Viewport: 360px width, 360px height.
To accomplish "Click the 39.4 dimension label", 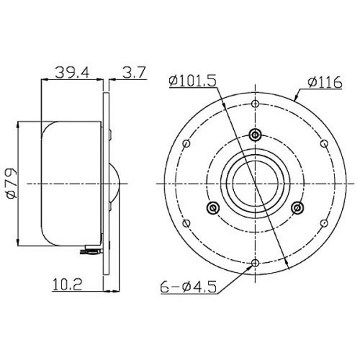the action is pos(72,72).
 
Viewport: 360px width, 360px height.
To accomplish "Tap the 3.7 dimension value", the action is pos(134,72).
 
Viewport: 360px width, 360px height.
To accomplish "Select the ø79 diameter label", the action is pos(12,184).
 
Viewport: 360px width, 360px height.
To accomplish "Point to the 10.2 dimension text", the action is pos(68,284).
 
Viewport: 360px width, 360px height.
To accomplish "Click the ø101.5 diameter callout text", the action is pos(192,81).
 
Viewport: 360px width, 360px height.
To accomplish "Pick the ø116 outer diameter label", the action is pos(325,83).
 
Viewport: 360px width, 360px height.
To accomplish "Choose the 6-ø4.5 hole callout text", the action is pos(189,287).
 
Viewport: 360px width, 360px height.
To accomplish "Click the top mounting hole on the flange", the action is pos(255,104).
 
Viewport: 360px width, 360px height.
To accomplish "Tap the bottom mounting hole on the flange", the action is pos(255,263).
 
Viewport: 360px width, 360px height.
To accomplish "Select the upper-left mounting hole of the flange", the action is pos(186,144).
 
